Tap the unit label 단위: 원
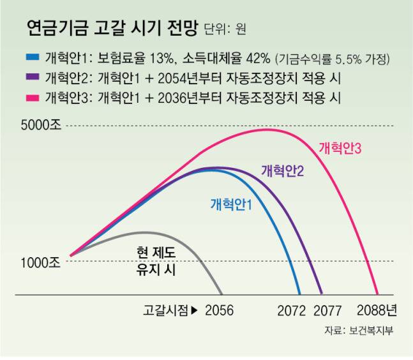pyautogui.click(x=225, y=29)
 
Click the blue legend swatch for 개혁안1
pyautogui.click(x=33, y=58)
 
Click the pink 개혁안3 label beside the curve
pyautogui.click(x=340, y=148)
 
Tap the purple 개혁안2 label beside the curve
pyautogui.click(x=282, y=170)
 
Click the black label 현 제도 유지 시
pyautogui.click(x=155, y=261)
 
